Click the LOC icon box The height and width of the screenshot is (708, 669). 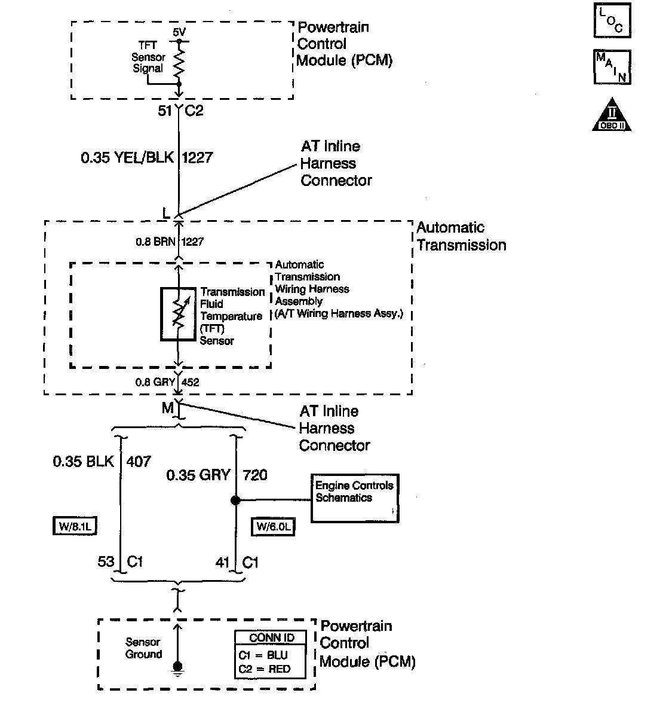612,20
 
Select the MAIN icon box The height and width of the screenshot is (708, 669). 612,66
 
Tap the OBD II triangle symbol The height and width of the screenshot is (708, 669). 612,115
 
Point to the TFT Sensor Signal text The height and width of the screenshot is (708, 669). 149,57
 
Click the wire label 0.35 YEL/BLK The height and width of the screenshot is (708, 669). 127,157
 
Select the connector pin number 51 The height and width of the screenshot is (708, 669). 164,111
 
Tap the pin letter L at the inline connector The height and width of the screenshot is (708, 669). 165,213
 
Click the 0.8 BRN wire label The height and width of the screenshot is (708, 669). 154,242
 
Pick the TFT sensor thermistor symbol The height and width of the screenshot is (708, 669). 178,315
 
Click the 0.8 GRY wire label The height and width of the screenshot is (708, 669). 155,382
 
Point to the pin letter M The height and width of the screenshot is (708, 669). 168,408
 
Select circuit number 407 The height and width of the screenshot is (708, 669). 139,462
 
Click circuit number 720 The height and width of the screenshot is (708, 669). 255,475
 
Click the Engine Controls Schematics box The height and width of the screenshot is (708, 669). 355,498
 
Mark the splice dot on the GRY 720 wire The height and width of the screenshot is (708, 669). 236,500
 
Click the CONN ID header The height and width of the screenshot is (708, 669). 272,638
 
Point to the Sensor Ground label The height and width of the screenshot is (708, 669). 143,648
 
